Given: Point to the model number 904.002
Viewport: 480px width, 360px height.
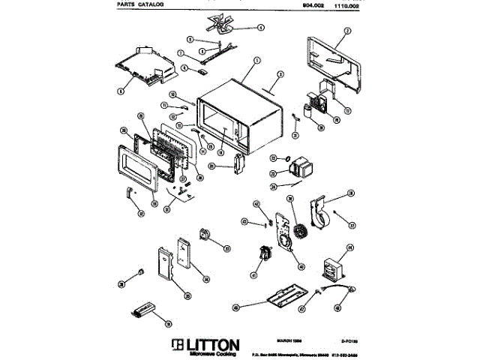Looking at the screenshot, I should [x=313, y=4].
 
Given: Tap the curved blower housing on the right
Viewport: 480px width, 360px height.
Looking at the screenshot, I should [x=325, y=213].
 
